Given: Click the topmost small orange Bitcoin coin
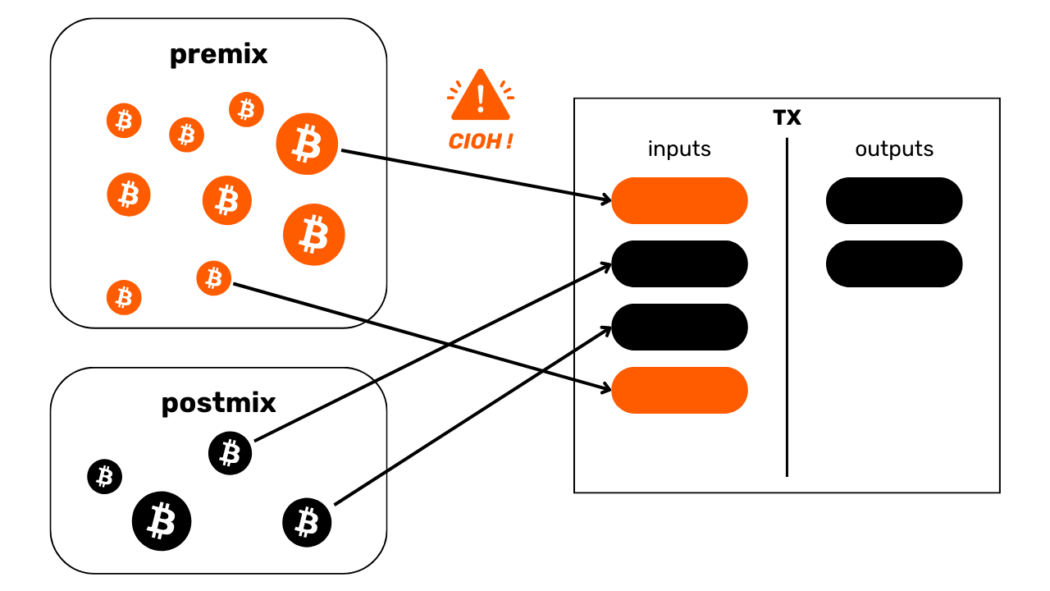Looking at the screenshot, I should (246, 109).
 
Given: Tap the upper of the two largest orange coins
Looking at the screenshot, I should (307, 144).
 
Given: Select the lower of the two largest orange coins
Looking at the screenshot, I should (314, 235).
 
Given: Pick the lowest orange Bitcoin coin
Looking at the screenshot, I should (124, 297).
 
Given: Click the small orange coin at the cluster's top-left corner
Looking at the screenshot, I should (124, 121).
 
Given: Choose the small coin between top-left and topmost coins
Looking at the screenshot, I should (186, 135).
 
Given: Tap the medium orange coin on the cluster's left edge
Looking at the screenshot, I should (129, 195).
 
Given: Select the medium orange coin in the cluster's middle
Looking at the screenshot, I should (227, 200).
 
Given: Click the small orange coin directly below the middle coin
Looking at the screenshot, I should (213, 278).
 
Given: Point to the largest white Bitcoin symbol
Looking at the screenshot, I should (161, 520).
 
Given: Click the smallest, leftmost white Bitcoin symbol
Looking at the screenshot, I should (104, 476).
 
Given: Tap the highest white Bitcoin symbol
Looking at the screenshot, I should (230, 452).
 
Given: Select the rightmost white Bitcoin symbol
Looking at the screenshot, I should (306, 522).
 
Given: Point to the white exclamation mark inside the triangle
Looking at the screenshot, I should (481, 98).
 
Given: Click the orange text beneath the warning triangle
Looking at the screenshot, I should (481, 141).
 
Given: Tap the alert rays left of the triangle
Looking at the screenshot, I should (453, 89).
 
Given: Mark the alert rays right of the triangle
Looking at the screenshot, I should (508, 89).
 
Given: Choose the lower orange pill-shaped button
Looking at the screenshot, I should (679, 390).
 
